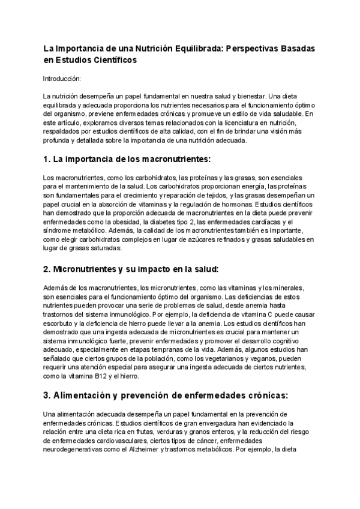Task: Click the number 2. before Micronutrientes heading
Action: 47,269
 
